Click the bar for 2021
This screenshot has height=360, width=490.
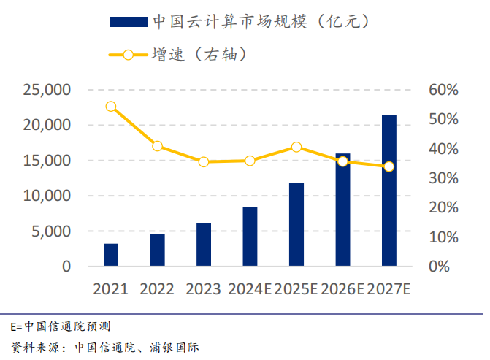(111, 255)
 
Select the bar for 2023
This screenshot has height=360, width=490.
(204, 245)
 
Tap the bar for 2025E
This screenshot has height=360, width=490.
(296, 225)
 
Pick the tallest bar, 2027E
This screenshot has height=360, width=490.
(389, 191)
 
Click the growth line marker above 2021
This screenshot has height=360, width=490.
(111, 106)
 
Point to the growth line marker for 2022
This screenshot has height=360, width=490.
(158, 146)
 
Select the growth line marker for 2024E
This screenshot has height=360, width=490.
(250, 161)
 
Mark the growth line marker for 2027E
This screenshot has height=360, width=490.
(389, 166)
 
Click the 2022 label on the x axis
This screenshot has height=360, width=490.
(157, 288)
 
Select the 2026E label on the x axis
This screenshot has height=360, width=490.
(342, 288)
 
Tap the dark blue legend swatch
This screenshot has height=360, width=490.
(128, 22)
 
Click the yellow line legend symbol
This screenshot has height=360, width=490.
(128, 55)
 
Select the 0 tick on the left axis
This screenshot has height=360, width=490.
(66, 267)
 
